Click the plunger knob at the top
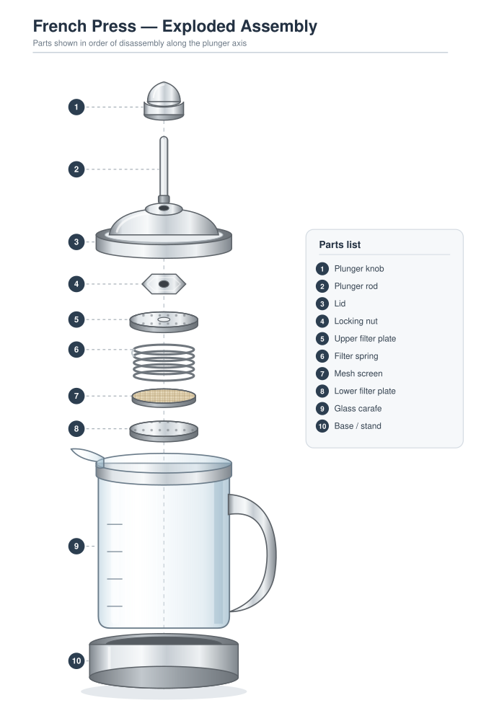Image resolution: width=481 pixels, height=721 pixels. [164, 101]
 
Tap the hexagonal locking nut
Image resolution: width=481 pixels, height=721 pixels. [164, 283]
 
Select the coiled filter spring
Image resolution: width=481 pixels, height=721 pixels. [164, 363]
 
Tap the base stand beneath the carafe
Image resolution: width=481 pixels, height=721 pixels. [164, 660]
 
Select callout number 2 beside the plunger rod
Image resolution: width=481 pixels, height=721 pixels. [76, 169]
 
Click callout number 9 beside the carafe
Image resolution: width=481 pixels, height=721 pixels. [76, 547]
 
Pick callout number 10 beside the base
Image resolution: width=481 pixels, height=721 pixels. [76, 660]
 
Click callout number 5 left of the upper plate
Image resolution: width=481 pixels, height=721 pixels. [76, 319]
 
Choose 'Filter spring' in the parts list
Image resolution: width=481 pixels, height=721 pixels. [356, 356]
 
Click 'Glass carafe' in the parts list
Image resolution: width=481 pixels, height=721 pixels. [358, 408]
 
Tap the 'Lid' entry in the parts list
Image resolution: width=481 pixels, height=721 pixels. [340, 304]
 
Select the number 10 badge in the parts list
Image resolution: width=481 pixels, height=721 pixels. [322, 426]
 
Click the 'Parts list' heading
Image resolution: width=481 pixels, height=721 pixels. [340, 244]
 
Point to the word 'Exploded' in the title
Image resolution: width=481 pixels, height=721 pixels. [199, 27]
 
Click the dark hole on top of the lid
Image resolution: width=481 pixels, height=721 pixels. [164, 208]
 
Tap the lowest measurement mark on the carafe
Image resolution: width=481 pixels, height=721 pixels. [115, 606]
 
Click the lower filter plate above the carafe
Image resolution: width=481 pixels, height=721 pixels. [164, 431]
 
